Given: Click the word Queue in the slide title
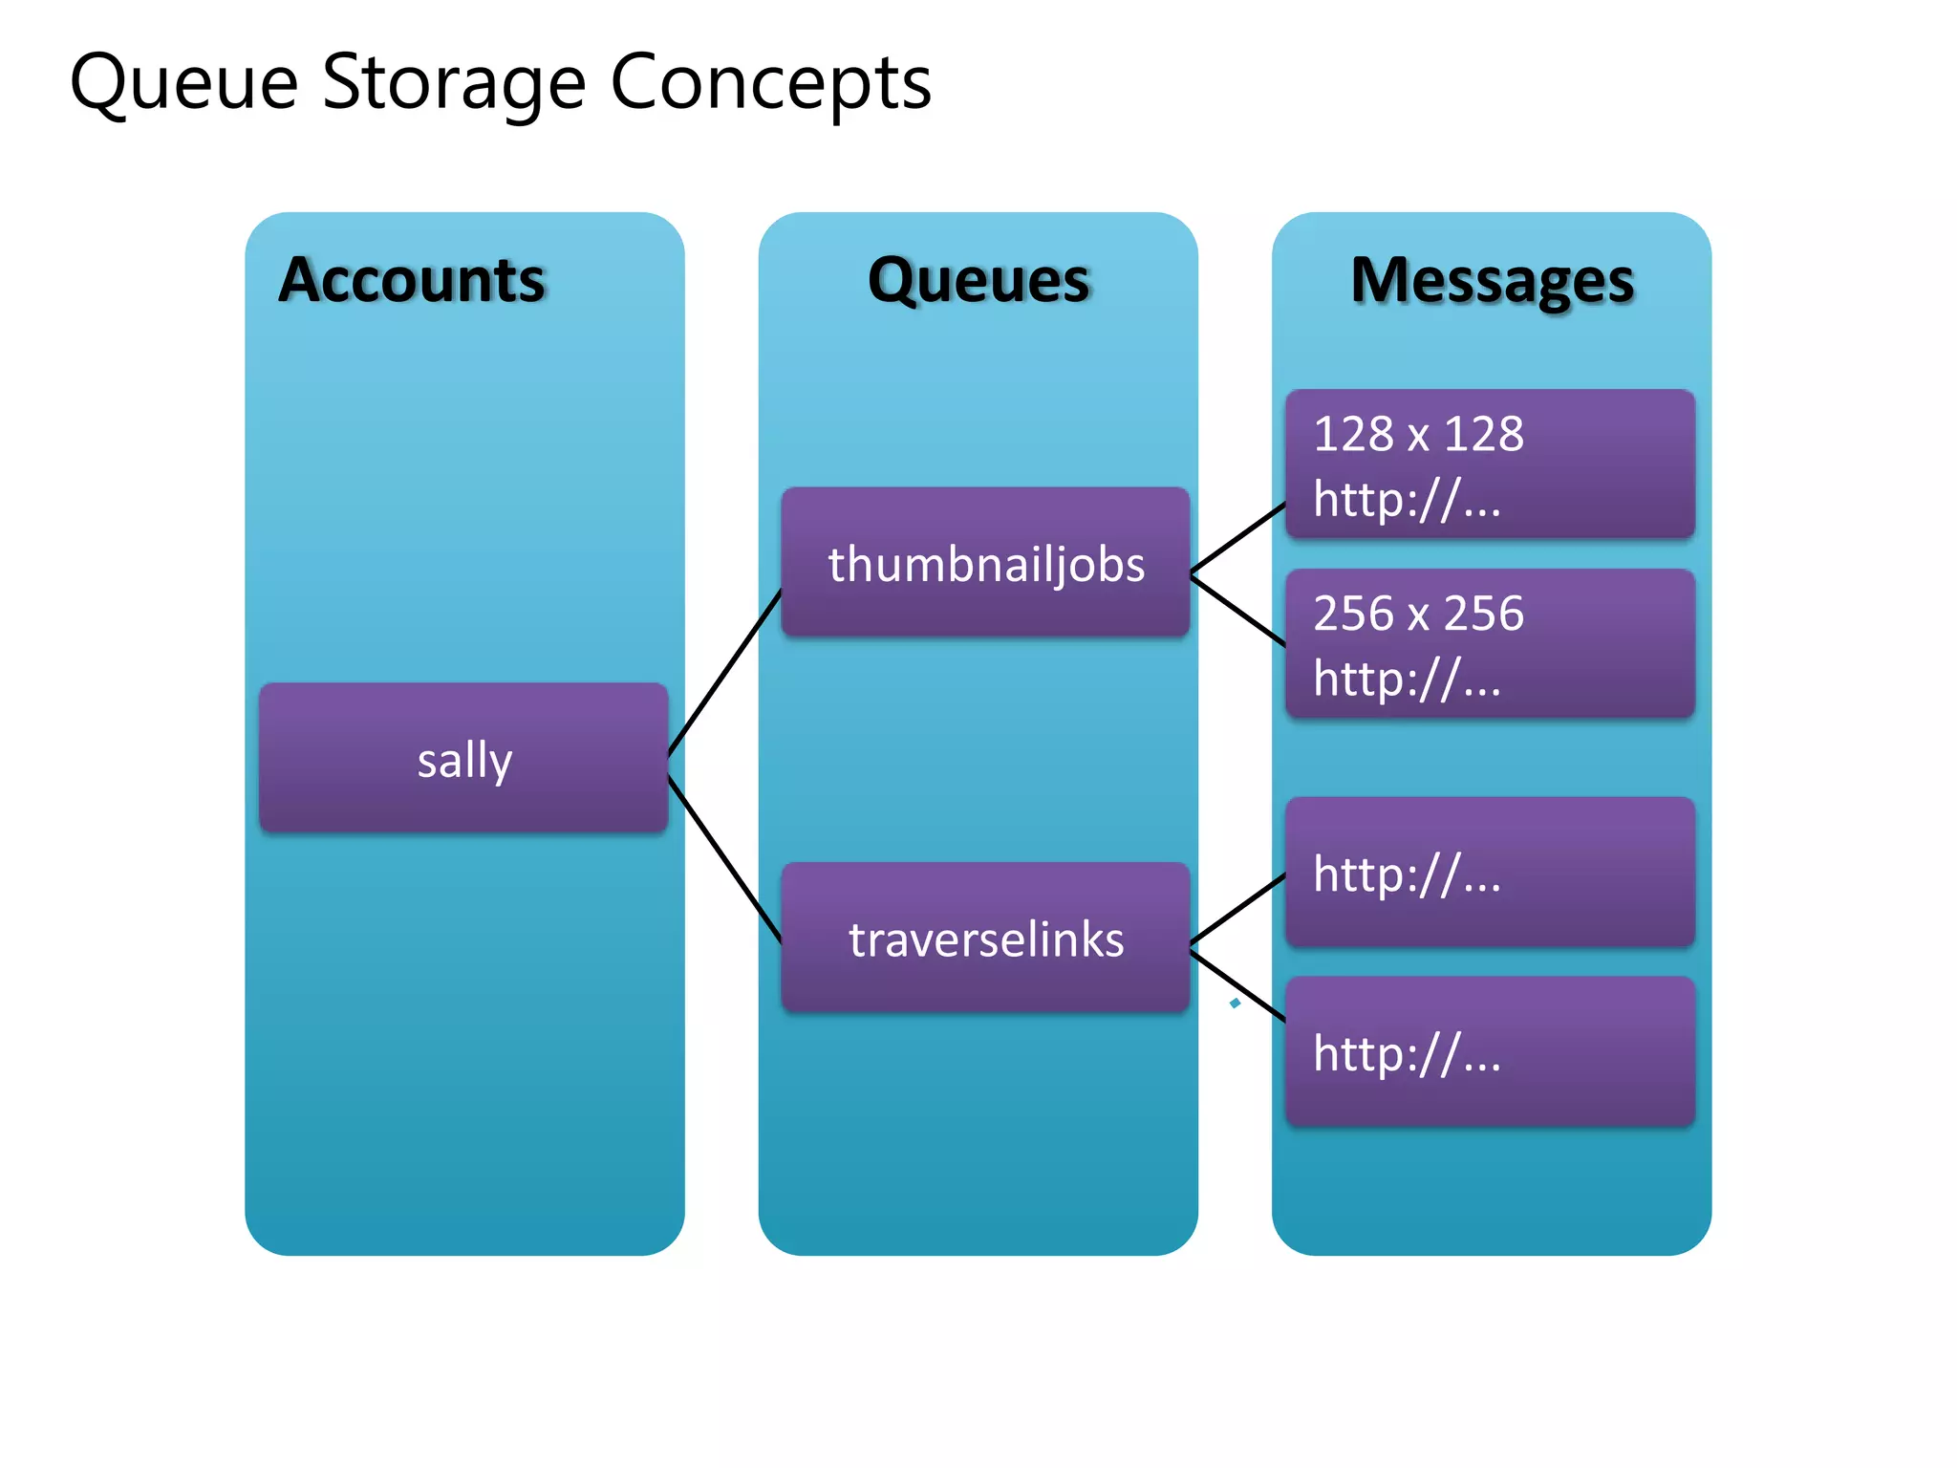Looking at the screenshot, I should pyautogui.click(x=183, y=84).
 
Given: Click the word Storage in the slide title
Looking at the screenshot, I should pyautogui.click(x=453, y=84).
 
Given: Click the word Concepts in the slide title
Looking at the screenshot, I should pyautogui.click(x=770, y=84).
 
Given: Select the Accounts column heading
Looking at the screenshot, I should pyautogui.click(x=412, y=280).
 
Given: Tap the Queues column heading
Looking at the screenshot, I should pyautogui.click(x=978, y=280).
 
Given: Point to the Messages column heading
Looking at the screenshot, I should pyautogui.click(x=1492, y=280).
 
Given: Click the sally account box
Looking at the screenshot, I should pyautogui.click(x=463, y=758).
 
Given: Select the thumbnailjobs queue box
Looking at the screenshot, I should pyautogui.click(x=985, y=562).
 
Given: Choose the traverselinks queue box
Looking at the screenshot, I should pyautogui.click(x=985, y=938).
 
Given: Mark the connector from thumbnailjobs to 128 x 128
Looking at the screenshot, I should pyautogui.click(x=1238, y=538).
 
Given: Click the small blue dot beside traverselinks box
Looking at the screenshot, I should pyautogui.click(x=1236, y=1003).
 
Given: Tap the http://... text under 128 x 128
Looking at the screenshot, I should pyautogui.click(x=1407, y=499).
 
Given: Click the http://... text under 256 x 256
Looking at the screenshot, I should pyautogui.click(x=1407, y=679).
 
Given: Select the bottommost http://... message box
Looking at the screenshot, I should pyautogui.click(x=1491, y=1051).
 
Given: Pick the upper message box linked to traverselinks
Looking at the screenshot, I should pyautogui.click(x=1491, y=872).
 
